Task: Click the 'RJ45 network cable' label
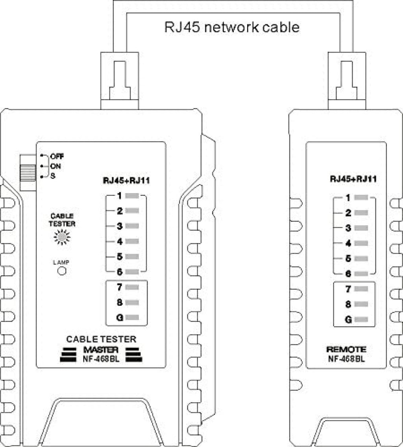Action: [x=231, y=27]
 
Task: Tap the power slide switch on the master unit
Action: [x=28, y=171]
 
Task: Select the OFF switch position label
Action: [x=57, y=156]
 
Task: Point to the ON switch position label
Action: [x=55, y=166]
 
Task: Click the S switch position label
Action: [x=53, y=176]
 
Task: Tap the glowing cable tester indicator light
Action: [x=62, y=237]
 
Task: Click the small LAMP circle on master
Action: [x=62, y=271]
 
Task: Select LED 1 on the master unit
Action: [x=133, y=195]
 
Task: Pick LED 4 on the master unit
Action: [x=133, y=241]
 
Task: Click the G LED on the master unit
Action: [x=133, y=318]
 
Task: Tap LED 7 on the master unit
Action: [x=133, y=287]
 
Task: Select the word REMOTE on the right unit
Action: [x=346, y=350]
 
